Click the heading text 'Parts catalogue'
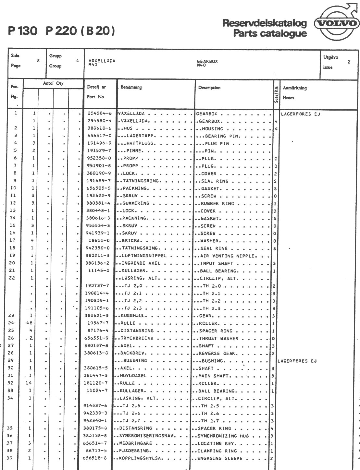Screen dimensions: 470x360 (x=270, y=33)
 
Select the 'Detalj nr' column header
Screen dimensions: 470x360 (x=96, y=87)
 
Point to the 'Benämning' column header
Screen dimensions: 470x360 (x=131, y=87)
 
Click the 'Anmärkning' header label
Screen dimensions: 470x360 (x=294, y=88)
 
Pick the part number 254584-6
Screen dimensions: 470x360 (x=100, y=114)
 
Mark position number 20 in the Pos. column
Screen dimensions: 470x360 (x=12, y=263)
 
